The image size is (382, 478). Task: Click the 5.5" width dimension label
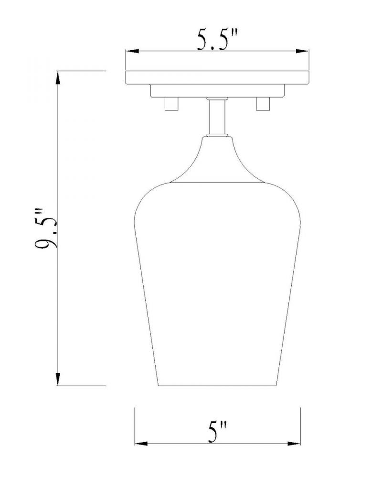(217, 39)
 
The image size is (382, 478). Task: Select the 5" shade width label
(218, 431)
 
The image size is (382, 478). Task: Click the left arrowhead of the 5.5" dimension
(133, 51)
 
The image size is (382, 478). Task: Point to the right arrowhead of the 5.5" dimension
(302, 51)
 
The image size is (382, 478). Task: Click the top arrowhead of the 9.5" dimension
(58, 77)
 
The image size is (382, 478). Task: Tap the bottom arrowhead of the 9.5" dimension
(58, 379)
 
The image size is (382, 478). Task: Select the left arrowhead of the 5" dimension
(141, 443)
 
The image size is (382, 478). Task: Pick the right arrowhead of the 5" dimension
(294, 443)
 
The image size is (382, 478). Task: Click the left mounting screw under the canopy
(171, 104)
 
